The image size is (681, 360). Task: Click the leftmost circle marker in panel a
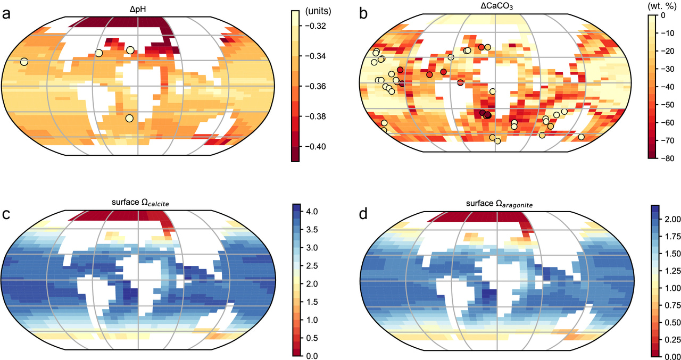pyautogui.click(x=24, y=62)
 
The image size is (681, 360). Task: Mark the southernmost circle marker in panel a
pyautogui.click(x=129, y=119)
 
